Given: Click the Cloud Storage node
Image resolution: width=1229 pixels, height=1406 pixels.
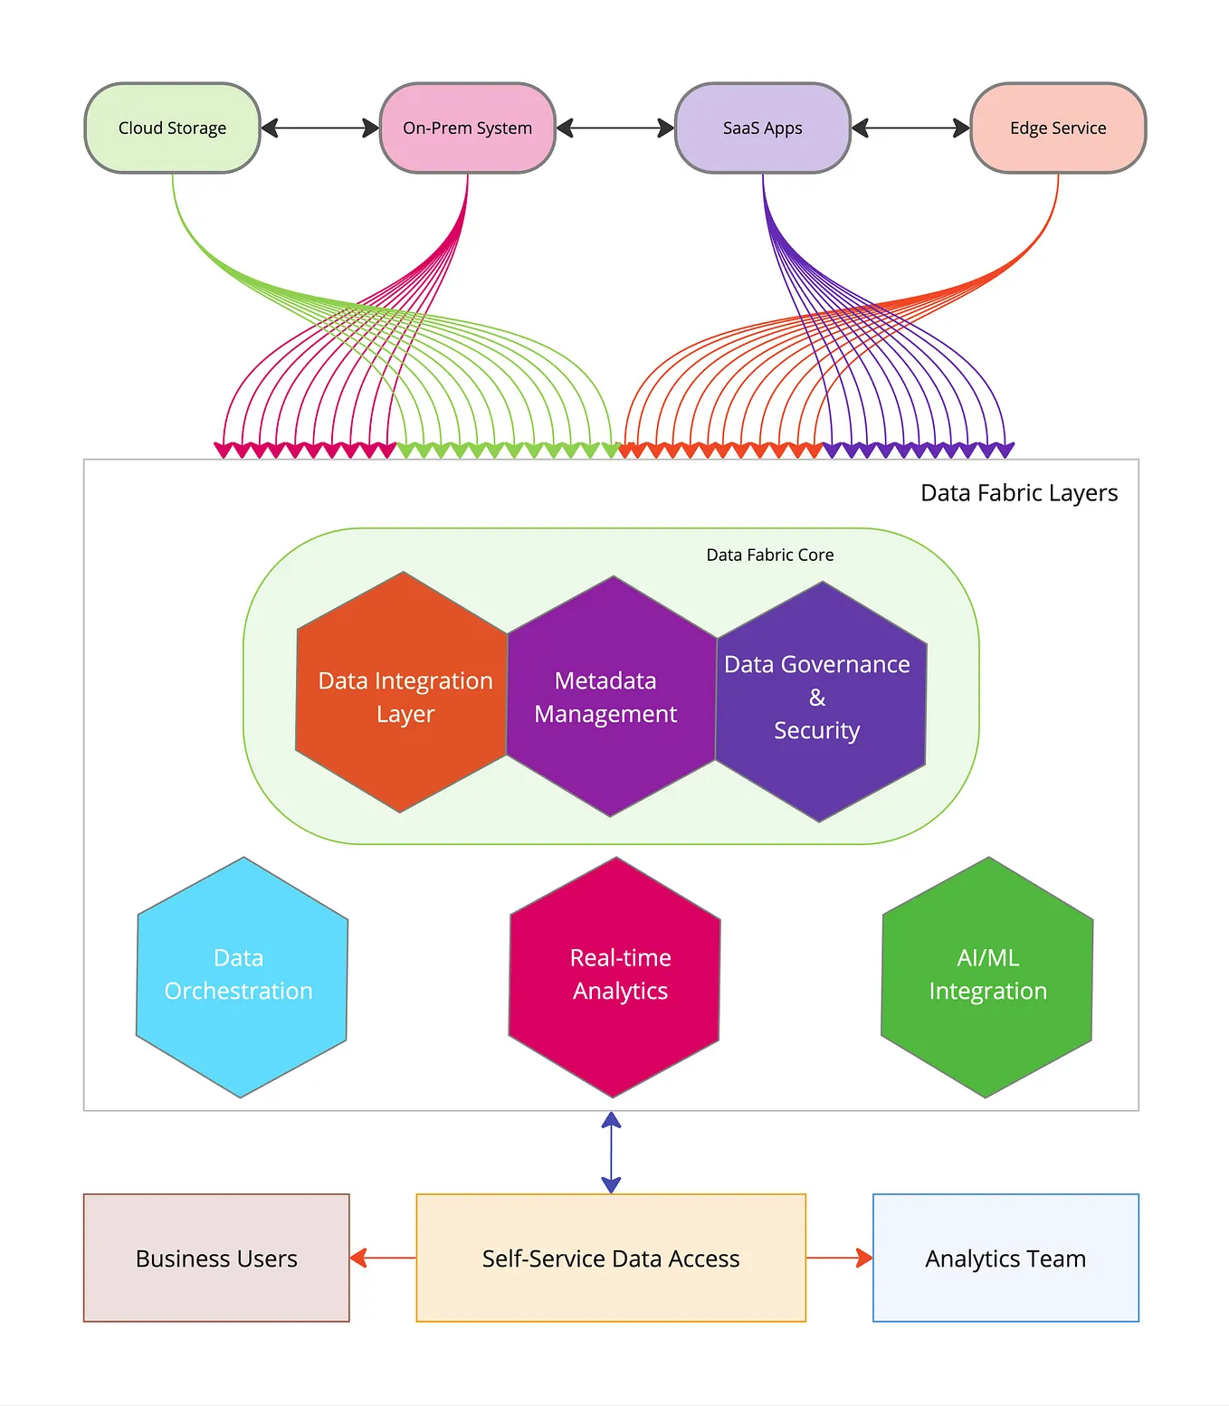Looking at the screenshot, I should tap(172, 128).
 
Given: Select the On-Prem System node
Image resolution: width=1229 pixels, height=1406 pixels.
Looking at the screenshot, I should tap(467, 128).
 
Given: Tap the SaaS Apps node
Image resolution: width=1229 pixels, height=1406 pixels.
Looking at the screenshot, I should tap(762, 128).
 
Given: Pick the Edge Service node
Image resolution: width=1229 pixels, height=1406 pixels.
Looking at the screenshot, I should tap(1057, 128).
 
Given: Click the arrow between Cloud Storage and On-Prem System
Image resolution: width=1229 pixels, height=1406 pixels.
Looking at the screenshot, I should tap(319, 128).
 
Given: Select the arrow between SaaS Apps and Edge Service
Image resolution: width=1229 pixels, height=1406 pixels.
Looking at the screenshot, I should tap(910, 128).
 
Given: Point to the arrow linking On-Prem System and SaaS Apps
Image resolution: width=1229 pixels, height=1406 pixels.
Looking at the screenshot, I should tap(615, 128).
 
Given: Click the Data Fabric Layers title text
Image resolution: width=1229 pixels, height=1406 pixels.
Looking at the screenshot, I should tap(1019, 493).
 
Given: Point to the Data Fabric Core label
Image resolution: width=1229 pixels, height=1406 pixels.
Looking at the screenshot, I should tap(770, 555).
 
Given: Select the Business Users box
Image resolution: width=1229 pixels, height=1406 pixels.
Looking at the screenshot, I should tap(216, 1258).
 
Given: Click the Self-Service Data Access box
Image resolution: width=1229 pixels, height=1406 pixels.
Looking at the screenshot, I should tap(611, 1258).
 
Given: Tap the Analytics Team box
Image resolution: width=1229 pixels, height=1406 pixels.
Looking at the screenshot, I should tap(1005, 1258).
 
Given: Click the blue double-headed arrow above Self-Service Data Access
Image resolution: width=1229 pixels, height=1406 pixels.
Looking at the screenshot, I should tap(611, 1153).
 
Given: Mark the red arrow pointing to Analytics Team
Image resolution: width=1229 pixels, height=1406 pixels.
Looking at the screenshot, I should tap(839, 1258).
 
